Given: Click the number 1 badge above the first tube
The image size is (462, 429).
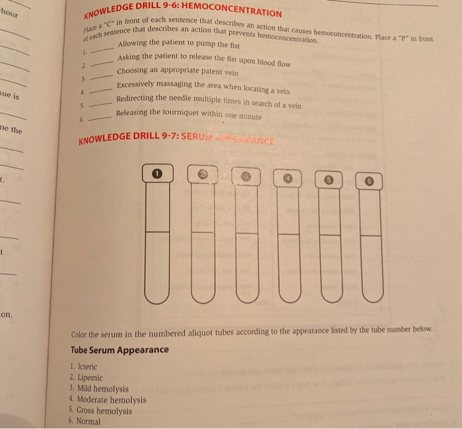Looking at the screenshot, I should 156,173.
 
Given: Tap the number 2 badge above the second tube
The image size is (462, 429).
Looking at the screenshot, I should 202,175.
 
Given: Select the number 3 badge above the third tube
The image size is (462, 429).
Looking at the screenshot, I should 246,176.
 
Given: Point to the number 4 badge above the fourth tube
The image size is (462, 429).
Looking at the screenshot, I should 288,177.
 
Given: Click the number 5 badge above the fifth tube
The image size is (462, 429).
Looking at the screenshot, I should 329,178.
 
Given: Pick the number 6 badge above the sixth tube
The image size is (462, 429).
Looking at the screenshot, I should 370,180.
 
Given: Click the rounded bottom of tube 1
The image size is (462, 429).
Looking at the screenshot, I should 156,294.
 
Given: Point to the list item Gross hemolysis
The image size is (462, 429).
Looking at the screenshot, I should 104,411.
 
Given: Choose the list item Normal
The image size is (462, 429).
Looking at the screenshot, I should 88,421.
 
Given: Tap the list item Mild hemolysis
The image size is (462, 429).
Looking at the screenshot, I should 102,389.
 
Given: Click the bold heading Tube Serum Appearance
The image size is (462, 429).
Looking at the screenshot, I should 119,350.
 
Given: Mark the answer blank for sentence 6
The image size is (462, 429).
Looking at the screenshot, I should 97,118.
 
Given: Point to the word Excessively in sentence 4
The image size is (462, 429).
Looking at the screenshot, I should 137,84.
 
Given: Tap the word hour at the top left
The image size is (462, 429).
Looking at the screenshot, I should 11,14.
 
